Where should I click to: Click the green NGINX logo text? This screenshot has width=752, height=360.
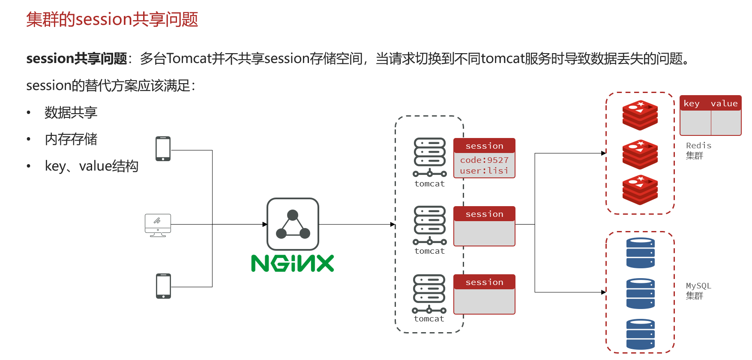click(x=292, y=263)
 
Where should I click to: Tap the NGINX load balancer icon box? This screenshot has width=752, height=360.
click(x=293, y=224)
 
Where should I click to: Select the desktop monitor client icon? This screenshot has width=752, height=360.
click(x=158, y=225)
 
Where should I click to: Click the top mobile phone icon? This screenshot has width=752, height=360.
click(x=163, y=149)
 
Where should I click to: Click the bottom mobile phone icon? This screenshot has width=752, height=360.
click(x=163, y=286)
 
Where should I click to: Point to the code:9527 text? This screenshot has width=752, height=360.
click(x=484, y=160)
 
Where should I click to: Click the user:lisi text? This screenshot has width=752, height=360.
click(x=484, y=171)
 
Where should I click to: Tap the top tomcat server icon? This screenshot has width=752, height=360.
click(x=430, y=157)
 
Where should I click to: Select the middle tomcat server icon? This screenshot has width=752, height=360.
click(x=430, y=225)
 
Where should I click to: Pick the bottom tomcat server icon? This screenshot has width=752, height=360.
click(x=429, y=294)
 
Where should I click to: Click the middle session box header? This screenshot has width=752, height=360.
click(x=484, y=214)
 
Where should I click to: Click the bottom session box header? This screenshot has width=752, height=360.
click(x=484, y=282)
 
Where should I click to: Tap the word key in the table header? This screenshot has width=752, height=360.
click(x=692, y=103)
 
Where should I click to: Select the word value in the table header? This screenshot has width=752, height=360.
click(x=724, y=103)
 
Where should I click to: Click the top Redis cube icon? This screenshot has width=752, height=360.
click(x=640, y=115)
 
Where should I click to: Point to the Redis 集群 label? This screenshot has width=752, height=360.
click(x=698, y=150)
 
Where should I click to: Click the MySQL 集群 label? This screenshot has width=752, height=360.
click(x=698, y=291)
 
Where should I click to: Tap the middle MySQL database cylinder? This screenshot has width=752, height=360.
click(x=641, y=294)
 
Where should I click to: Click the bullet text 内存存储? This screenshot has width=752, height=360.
click(x=71, y=139)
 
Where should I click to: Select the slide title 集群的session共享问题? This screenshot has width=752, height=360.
click(x=112, y=20)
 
